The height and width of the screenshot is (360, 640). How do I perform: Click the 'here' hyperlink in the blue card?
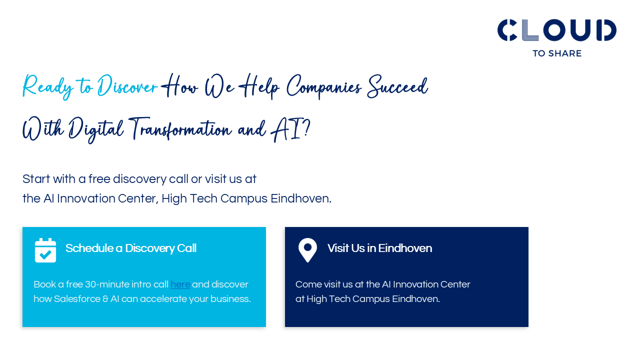coord(180,284)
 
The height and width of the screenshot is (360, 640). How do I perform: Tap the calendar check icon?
coord(45,250)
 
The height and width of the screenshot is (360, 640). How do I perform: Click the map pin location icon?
coord(307,250)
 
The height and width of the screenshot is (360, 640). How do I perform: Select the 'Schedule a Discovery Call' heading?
coord(131,248)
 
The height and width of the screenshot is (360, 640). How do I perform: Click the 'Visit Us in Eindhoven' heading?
coord(379,248)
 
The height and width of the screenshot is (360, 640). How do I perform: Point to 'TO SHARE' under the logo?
coord(557,53)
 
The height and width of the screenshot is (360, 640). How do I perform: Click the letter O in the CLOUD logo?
coord(555,30)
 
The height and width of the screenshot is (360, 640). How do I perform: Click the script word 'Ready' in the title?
coord(47,87)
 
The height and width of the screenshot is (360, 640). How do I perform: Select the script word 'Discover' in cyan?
coord(127,85)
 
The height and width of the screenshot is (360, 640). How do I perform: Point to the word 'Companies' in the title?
coord(323,87)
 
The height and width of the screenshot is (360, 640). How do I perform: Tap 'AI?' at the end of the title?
coord(290,130)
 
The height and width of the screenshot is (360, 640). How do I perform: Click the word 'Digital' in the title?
coord(95,130)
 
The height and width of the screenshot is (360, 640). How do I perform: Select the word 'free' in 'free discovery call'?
coord(99,179)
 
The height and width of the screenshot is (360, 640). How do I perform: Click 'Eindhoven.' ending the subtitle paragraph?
coord(301,198)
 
